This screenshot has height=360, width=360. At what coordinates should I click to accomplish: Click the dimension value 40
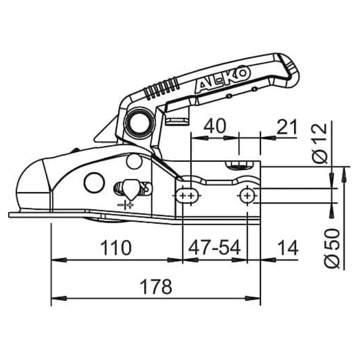pyautogui.click(x=215, y=127)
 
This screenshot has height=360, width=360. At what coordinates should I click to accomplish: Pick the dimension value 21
pyautogui.click(x=286, y=127)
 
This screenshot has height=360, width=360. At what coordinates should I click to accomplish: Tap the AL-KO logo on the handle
pyautogui.click(x=223, y=80)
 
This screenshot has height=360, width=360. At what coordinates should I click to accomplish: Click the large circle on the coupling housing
pyautogui.click(x=94, y=183)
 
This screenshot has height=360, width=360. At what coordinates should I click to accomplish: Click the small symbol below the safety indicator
pyautogui.click(x=125, y=205)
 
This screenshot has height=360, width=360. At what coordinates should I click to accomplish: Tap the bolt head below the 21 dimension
pyautogui.click(x=239, y=164)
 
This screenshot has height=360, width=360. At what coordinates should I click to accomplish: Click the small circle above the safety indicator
pyautogui.click(x=134, y=161)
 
